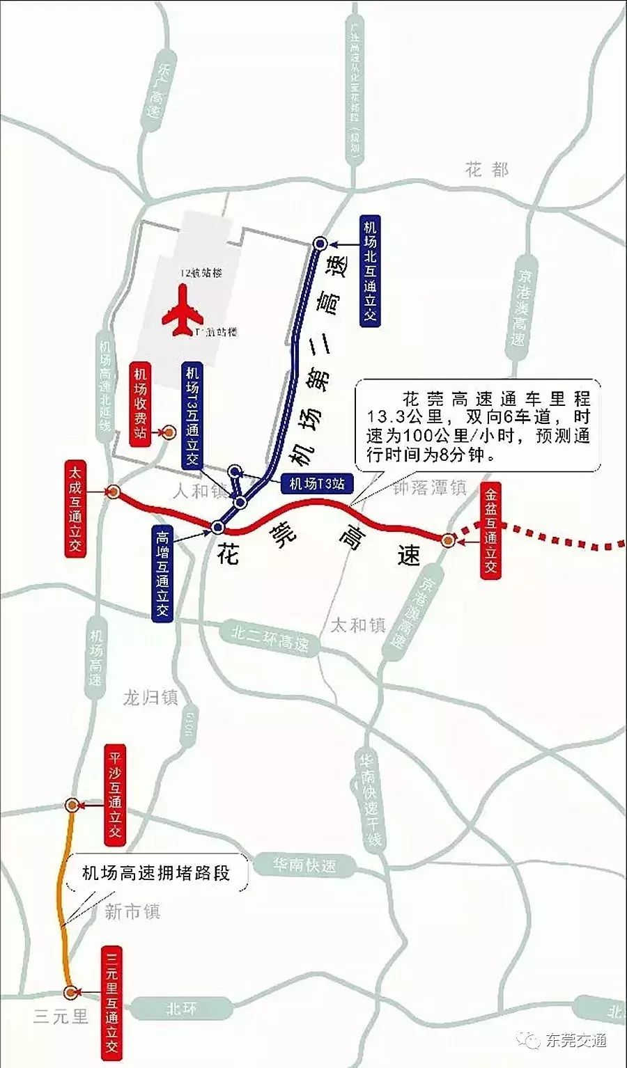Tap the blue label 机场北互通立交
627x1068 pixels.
[x=369, y=271]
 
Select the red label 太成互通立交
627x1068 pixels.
[x=75, y=508]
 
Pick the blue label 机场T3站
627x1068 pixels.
[x=317, y=482]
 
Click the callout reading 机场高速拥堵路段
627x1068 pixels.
[x=156, y=872]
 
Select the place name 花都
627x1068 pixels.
[x=488, y=170]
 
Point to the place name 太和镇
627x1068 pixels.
[x=358, y=625]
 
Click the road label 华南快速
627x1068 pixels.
[x=304, y=865]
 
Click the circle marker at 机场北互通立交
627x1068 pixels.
[x=320, y=243]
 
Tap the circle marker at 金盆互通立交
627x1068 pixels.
[x=449, y=540]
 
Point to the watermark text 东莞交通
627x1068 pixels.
[x=576, y=1040]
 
